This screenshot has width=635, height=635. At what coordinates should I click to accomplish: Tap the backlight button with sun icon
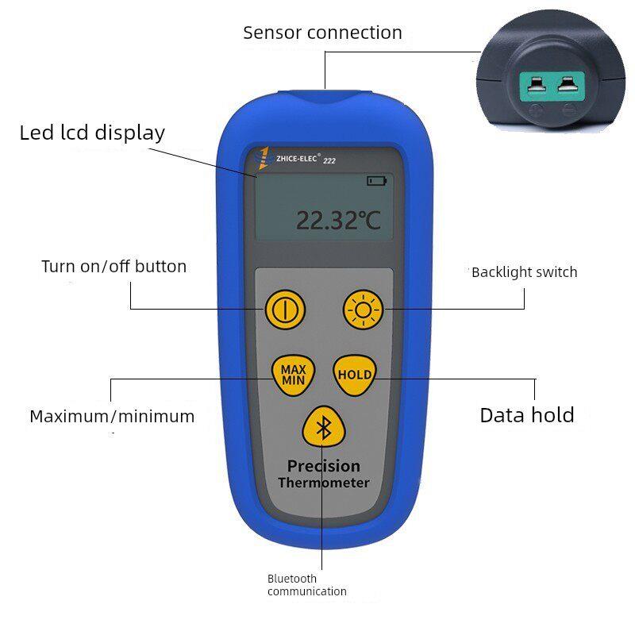pos(363,310)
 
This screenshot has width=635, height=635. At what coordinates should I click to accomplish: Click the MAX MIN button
pos(293,375)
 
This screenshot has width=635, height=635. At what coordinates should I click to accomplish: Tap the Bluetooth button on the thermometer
pos(324,427)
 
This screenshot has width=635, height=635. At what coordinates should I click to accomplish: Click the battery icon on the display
pos(376,181)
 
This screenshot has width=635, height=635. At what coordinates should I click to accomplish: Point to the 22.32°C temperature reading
pos(339,221)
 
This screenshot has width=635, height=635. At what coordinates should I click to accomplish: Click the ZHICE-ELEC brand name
pos(296,158)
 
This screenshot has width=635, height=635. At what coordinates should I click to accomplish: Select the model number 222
pos(329,161)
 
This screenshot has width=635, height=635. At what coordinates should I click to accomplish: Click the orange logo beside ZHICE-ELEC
pos(264,158)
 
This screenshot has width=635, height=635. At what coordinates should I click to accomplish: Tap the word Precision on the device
pos(324,466)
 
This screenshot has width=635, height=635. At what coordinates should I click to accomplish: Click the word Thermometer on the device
pos(324,483)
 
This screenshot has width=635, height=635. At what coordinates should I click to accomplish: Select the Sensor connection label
pos(322,33)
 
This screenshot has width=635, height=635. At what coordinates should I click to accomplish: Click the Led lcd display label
pos(92,133)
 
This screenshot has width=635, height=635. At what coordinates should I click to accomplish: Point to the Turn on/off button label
pos(114,267)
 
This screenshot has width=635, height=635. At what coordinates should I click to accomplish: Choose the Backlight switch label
pos(525,272)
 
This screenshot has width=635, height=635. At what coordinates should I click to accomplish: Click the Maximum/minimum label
pos(112,416)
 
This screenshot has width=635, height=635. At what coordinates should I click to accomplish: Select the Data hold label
pos(527,415)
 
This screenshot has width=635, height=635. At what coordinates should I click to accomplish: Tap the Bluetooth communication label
pos(307,585)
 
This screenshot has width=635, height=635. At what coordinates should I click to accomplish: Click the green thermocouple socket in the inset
pos(552,86)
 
